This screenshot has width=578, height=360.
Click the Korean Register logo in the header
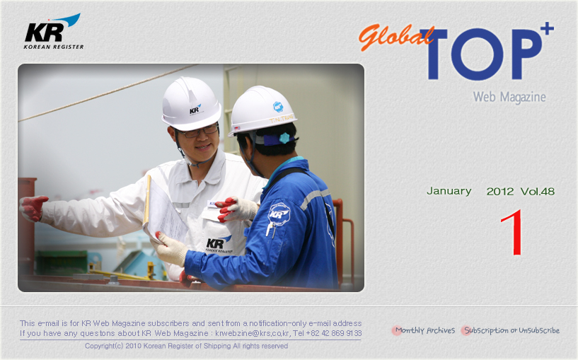click(x=54, y=32)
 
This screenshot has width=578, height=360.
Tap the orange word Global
click(x=395, y=37)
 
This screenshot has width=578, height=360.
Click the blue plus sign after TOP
click(x=548, y=28)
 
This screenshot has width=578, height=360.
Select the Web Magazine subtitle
click(x=509, y=97)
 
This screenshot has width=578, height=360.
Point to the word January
click(x=449, y=191)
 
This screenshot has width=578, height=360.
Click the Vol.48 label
click(x=538, y=191)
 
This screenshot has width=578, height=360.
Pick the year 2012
click(x=500, y=192)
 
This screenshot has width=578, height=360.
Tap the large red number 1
click(x=513, y=232)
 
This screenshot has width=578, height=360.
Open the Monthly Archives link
click(x=425, y=330)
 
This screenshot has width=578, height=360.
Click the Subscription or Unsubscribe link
click(x=511, y=330)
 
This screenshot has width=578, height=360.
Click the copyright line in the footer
click(x=186, y=346)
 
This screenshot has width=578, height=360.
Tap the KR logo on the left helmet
click(x=195, y=109)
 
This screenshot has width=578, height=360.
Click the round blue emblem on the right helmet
click(x=278, y=107)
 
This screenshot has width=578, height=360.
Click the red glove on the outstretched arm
click(x=33, y=208)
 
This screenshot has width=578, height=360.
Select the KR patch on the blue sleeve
click(x=279, y=214)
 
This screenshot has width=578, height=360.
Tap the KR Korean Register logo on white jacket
click(x=219, y=245)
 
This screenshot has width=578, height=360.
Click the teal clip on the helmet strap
click(x=284, y=138)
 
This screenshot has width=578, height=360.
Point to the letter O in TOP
click(x=477, y=54)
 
